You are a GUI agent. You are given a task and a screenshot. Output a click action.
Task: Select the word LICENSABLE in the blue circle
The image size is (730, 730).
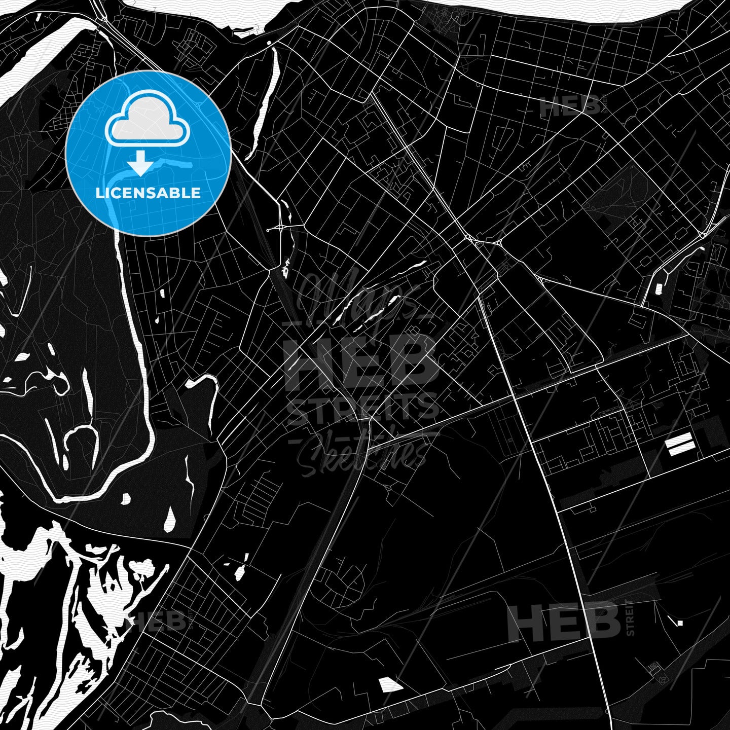coord(148,193)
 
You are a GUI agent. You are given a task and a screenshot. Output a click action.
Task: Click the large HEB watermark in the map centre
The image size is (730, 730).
coord(361,361)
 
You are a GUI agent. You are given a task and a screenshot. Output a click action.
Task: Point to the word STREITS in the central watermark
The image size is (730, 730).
coord(363,408)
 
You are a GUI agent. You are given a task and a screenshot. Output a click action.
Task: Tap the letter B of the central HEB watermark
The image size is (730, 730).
coord(413,361)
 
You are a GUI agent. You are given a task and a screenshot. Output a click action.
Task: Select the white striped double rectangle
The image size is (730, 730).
coord(680,445)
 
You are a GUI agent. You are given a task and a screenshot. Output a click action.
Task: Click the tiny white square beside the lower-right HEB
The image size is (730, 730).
coord(680,623)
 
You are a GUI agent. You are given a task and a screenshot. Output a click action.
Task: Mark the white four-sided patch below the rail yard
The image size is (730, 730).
coord(390,685)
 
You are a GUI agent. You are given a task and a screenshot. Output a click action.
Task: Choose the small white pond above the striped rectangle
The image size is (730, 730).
coord(659,288)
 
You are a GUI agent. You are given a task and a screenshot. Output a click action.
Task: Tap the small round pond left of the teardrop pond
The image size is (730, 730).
coord(125,499)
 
